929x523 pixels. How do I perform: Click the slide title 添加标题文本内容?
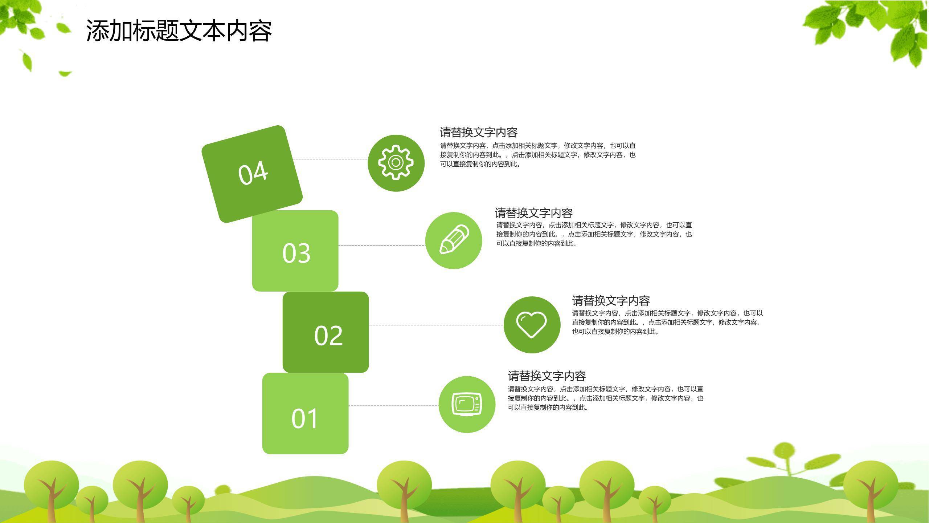(179, 31)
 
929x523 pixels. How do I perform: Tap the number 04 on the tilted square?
(253, 173)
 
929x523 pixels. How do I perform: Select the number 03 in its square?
(296, 253)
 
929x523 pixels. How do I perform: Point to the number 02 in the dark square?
(328, 335)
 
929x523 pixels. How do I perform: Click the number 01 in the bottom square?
(304, 418)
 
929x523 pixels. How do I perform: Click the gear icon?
(396, 163)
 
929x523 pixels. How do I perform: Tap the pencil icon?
(454, 240)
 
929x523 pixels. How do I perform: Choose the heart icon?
(532, 324)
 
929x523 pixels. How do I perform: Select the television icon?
(467, 404)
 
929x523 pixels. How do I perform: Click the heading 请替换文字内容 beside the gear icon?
(479, 132)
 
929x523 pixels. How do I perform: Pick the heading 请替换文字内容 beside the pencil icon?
(534, 213)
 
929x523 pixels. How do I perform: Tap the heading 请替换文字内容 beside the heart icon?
(611, 301)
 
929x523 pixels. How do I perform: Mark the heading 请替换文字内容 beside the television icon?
(547, 376)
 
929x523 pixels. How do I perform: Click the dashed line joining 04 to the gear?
(330, 159)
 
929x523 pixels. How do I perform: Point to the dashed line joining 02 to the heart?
(435, 325)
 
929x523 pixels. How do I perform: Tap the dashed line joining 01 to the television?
(393, 406)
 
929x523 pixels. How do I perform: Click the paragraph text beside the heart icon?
(667, 322)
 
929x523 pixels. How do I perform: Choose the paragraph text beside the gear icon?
(538, 155)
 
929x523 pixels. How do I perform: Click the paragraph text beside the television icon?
(605, 398)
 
